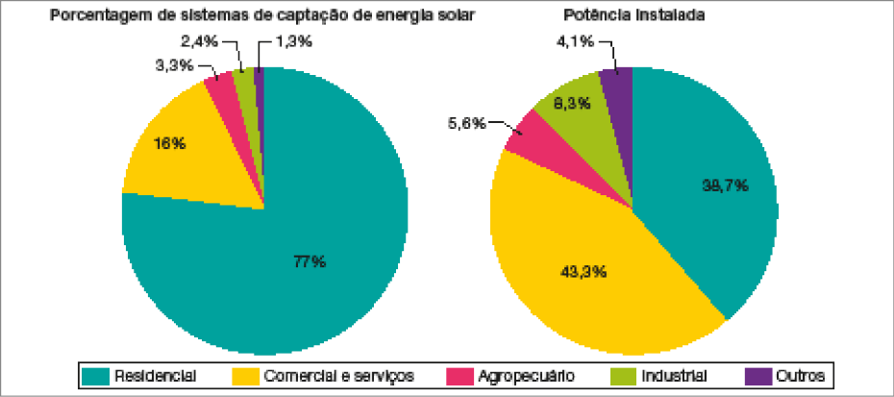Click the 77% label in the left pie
click(310, 261)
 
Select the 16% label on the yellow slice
click(169, 143)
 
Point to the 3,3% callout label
click(173, 65)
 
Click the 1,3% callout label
click(293, 41)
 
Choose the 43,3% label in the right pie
click(584, 272)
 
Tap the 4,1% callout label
click(574, 41)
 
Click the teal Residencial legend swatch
click(95, 375)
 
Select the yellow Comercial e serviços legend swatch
click(245, 375)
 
